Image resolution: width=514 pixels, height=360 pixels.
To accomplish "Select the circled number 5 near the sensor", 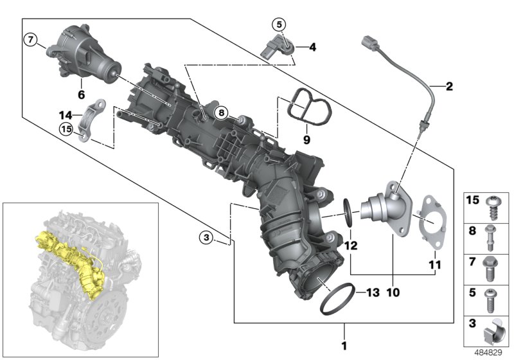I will click(x=278, y=25).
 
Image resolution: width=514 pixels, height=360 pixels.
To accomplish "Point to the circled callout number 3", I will click(x=205, y=238).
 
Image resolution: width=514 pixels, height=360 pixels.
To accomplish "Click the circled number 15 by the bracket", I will click(x=66, y=129).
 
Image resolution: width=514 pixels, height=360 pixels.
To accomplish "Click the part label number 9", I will click(x=306, y=138).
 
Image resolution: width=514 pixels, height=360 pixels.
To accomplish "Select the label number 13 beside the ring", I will click(x=372, y=292).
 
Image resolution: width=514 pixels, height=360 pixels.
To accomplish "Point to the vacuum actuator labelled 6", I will click(x=84, y=55).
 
